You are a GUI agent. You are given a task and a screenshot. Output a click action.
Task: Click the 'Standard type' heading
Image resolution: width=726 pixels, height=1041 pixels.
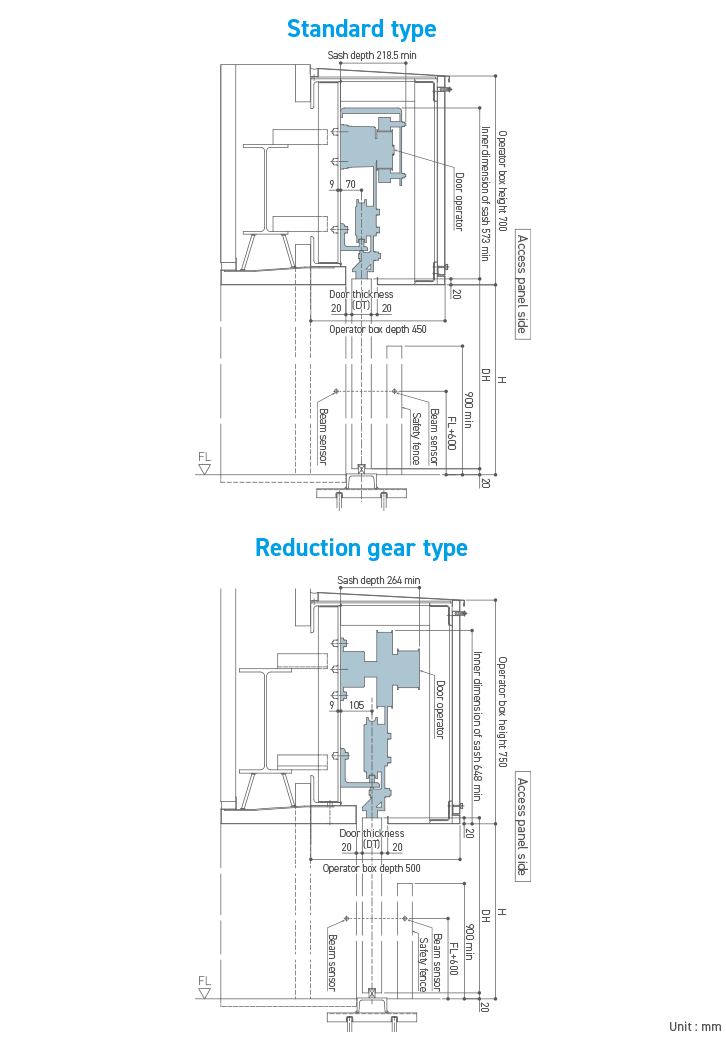362,28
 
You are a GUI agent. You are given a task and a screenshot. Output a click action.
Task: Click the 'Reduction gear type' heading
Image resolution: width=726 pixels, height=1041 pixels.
361,548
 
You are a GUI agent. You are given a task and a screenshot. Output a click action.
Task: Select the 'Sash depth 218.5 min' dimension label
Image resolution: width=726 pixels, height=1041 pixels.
372,55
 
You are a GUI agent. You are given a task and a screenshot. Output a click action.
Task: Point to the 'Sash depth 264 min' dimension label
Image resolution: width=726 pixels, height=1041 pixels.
379,580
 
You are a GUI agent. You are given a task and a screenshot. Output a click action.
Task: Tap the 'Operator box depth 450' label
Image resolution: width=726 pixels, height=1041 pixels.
378,329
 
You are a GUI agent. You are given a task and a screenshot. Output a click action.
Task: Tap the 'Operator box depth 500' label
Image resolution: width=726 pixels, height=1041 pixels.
371,868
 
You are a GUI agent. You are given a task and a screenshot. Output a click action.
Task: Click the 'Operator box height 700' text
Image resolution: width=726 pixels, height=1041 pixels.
502,181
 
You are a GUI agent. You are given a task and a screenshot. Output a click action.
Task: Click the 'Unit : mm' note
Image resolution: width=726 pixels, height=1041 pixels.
695,1027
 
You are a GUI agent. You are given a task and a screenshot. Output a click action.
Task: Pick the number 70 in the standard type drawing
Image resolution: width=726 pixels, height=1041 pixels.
350,185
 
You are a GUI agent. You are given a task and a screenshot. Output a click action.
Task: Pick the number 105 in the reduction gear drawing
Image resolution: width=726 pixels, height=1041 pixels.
356,705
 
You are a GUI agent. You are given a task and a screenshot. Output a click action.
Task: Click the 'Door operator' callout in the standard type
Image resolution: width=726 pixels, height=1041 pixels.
459,201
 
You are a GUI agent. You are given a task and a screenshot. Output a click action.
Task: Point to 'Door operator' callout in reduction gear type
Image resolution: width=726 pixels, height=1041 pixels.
439,710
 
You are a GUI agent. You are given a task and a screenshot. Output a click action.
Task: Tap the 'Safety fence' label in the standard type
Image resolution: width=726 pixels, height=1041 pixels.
416,438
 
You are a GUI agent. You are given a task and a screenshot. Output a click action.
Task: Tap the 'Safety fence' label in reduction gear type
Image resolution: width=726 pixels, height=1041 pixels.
423,963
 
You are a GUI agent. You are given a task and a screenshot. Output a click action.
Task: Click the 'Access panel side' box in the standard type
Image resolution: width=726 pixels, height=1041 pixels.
521,285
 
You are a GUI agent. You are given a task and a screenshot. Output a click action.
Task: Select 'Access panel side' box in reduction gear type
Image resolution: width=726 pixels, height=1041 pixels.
522,827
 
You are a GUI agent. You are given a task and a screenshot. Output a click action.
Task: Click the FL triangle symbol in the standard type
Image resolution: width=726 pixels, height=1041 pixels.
205,468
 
